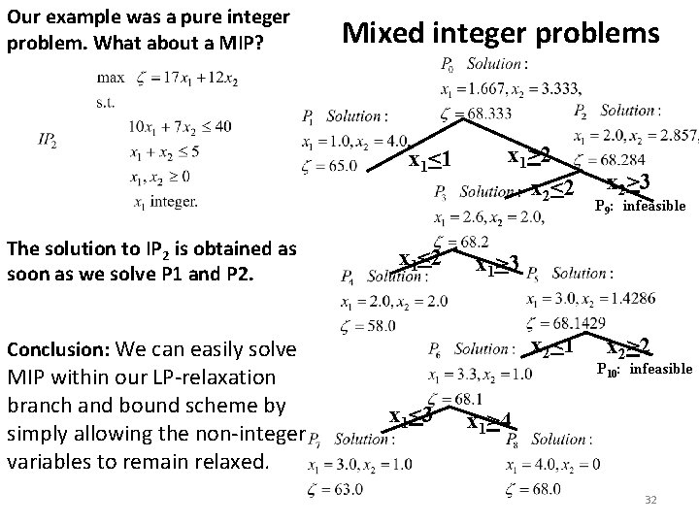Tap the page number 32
(651, 501)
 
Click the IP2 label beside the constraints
(46, 140)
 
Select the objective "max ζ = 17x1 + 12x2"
(166, 78)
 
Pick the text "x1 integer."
(162, 202)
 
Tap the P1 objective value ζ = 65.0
(329, 166)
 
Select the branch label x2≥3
(627, 180)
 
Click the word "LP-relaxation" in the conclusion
(219, 376)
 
